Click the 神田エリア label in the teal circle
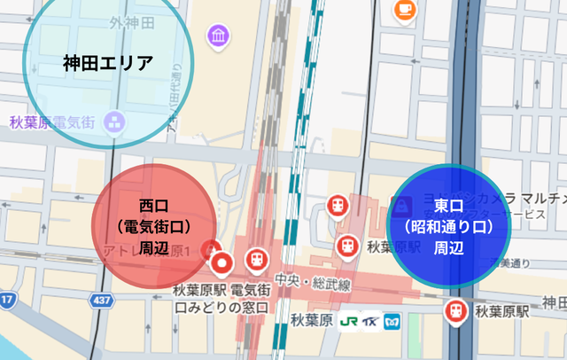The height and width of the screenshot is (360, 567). [x=109, y=63]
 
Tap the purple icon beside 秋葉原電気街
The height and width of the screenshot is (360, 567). [x=114, y=123]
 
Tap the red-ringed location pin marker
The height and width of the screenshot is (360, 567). [x=222, y=262]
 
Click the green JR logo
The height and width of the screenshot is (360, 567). [x=348, y=320]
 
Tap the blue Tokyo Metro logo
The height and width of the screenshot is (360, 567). [x=391, y=320]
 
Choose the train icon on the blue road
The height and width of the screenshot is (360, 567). [x=457, y=311]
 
